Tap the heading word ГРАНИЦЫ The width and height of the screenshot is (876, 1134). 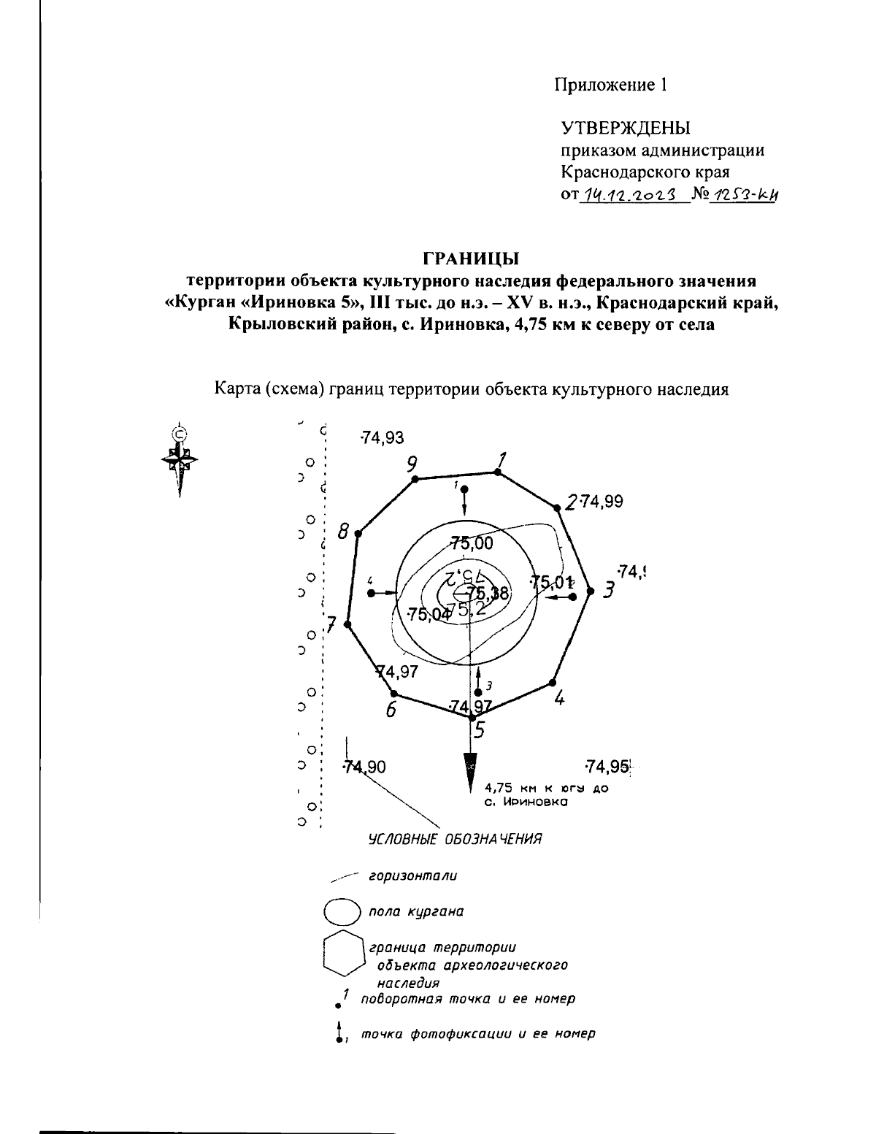471,258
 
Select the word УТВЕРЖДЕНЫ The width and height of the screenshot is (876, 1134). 626,129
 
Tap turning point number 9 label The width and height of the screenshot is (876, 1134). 412,463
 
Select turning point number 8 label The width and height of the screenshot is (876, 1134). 342,532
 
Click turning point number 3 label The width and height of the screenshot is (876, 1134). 608,591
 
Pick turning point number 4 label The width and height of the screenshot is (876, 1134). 559,698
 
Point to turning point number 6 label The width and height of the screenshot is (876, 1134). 391,709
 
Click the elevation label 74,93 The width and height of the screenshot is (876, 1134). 383,438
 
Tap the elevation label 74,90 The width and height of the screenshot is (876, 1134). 364,767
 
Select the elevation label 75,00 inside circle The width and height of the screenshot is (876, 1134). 472,543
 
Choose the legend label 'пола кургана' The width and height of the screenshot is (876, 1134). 416,912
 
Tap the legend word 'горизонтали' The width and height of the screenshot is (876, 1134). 413,875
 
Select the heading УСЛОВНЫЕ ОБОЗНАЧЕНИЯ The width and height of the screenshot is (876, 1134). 455,838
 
